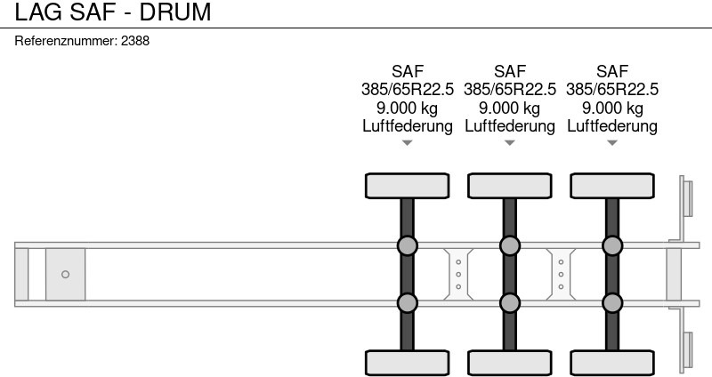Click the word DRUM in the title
pyautogui.click(x=175, y=12)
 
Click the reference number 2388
pyautogui.click(x=135, y=41)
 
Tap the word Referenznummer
pyautogui.click(x=66, y=41)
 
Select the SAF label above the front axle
pyautogui.click(x=408, y=71)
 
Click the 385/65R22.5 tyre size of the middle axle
pyautogui.click(x=509, y=90)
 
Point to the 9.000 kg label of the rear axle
pyautogui.click(x=612, y=108)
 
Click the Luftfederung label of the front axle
pyautogui.click(x=408, y=125)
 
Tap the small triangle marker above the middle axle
pyautogui.click(x=509, y=143)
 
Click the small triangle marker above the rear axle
pyautogui.click(x=612, y=143)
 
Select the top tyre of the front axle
pyautogui.click(x=408, y=186)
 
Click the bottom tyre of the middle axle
pyautogui.click(x=509, y=363)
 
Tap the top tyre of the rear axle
pyautogui.click(x=612, y=186)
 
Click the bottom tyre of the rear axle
pyautogui.click(x=612, y=363)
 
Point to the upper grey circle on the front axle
pyautogui.click(x=408, y=246)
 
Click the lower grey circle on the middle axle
pyautogui.click(x=509, y=303)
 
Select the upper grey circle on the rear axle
pyautogui.click(x=612, y=246)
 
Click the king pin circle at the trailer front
pyautogui.click(x=65, y=275)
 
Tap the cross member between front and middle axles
pyautogui.click(x=458, y=275)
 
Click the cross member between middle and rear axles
pyautogui.click(x=561, y=275)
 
